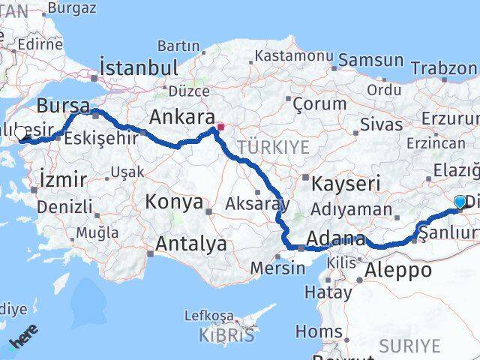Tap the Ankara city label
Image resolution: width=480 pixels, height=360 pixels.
(x=181, y=117)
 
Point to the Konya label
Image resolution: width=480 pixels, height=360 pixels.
(x=174, y=202)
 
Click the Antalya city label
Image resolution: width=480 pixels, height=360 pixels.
(x=191, y=244)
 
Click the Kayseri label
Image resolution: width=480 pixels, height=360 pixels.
(x=346, y=183)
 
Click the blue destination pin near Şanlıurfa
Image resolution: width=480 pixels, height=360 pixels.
(x=460, y=202)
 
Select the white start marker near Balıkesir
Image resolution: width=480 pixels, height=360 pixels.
(x=21, y=133)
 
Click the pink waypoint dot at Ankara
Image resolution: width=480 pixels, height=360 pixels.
(x=220, y=127)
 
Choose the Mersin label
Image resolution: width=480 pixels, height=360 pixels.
(x=279, y=266)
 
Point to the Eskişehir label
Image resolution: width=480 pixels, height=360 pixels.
(x=91, y=138)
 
